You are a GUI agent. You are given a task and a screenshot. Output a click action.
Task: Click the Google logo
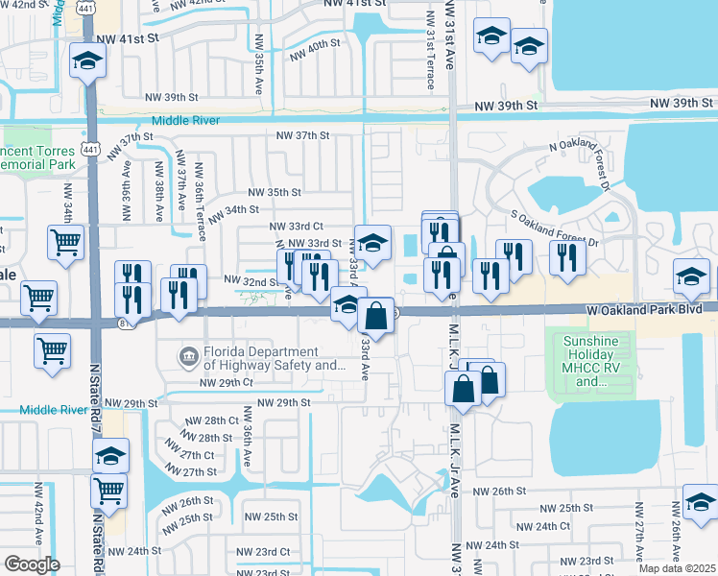(x=32, y=564)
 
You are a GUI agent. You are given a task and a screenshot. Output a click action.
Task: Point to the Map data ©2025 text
(x=678, y=568)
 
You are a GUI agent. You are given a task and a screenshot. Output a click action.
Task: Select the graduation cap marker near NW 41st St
(x=88, y=61)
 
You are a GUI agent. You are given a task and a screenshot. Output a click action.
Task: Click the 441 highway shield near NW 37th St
(x=89, y=149)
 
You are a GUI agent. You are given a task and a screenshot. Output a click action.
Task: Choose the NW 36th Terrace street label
(x=200, y=204)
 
